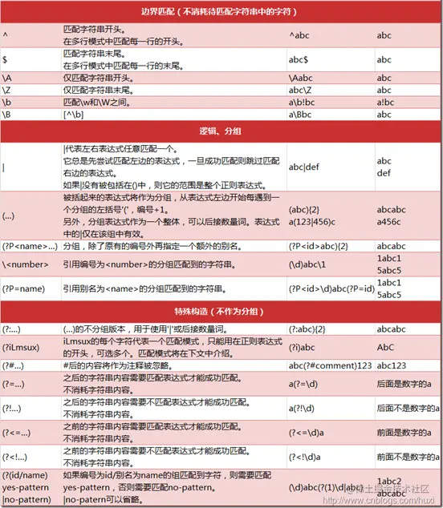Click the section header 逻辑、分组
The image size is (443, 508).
click(x=221, y=131)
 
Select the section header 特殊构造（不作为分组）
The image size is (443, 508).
click(x=221, y=310)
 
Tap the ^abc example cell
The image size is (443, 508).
click(x=301, y=35)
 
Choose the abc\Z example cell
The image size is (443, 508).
click(x=301, y=90)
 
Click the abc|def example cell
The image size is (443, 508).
click(x=305, y=166)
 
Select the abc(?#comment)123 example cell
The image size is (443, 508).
click(x=327, y=366)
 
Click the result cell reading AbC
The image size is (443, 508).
click(x=385, y=348)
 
